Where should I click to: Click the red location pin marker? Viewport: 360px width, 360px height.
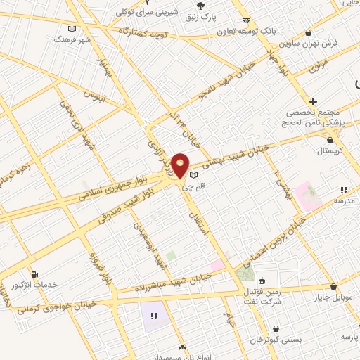pos(181,166)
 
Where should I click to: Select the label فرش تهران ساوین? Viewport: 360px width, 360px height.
pos(316,43)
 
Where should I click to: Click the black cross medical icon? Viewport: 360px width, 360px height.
pos(313,101)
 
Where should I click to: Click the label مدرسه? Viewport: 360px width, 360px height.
pos(343,200)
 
